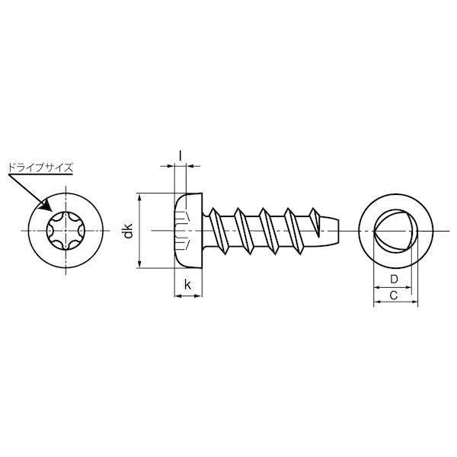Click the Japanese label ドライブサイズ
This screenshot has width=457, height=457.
40,168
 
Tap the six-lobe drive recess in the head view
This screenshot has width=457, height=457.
66,231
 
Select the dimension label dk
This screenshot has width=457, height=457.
128,231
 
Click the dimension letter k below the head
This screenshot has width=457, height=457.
187,284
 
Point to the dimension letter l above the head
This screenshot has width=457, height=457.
180,155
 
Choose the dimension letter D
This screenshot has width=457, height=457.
394,280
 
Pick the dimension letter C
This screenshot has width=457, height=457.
394,296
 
